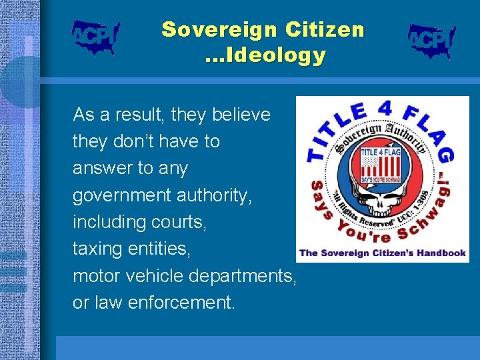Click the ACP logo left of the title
click(x=95, y=37)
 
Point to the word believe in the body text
click(x=241, y=115)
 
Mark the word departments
click(x=242, y=275)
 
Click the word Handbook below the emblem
click(x=436, y=253)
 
